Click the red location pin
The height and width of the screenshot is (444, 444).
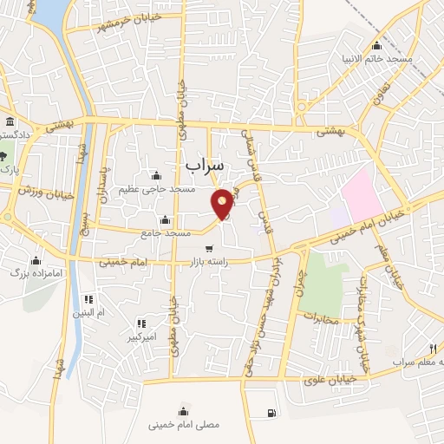coord(223,203)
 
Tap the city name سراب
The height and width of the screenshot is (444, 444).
coord(205,164)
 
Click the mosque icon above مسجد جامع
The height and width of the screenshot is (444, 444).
coord(165,219)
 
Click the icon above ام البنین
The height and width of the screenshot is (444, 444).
coord(87,297)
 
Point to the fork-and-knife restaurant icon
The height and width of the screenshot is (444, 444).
coord(432,349)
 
